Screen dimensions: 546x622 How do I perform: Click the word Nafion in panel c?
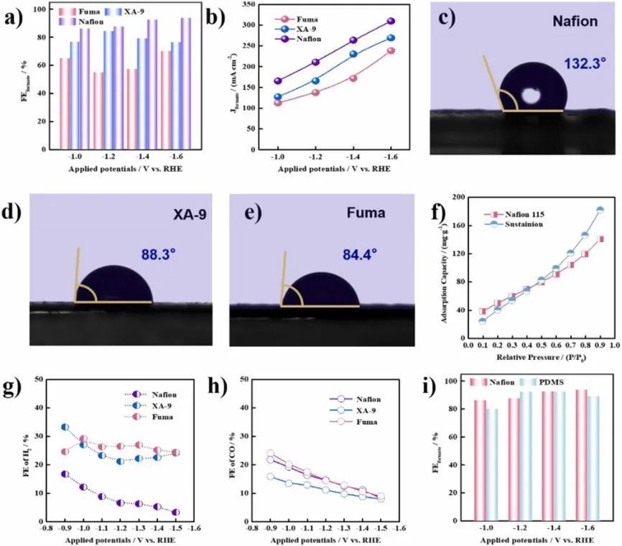click(575, 22)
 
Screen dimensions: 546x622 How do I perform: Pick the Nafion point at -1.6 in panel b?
click(391, 22)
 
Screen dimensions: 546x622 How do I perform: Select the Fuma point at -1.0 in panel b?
click(277, 103)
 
